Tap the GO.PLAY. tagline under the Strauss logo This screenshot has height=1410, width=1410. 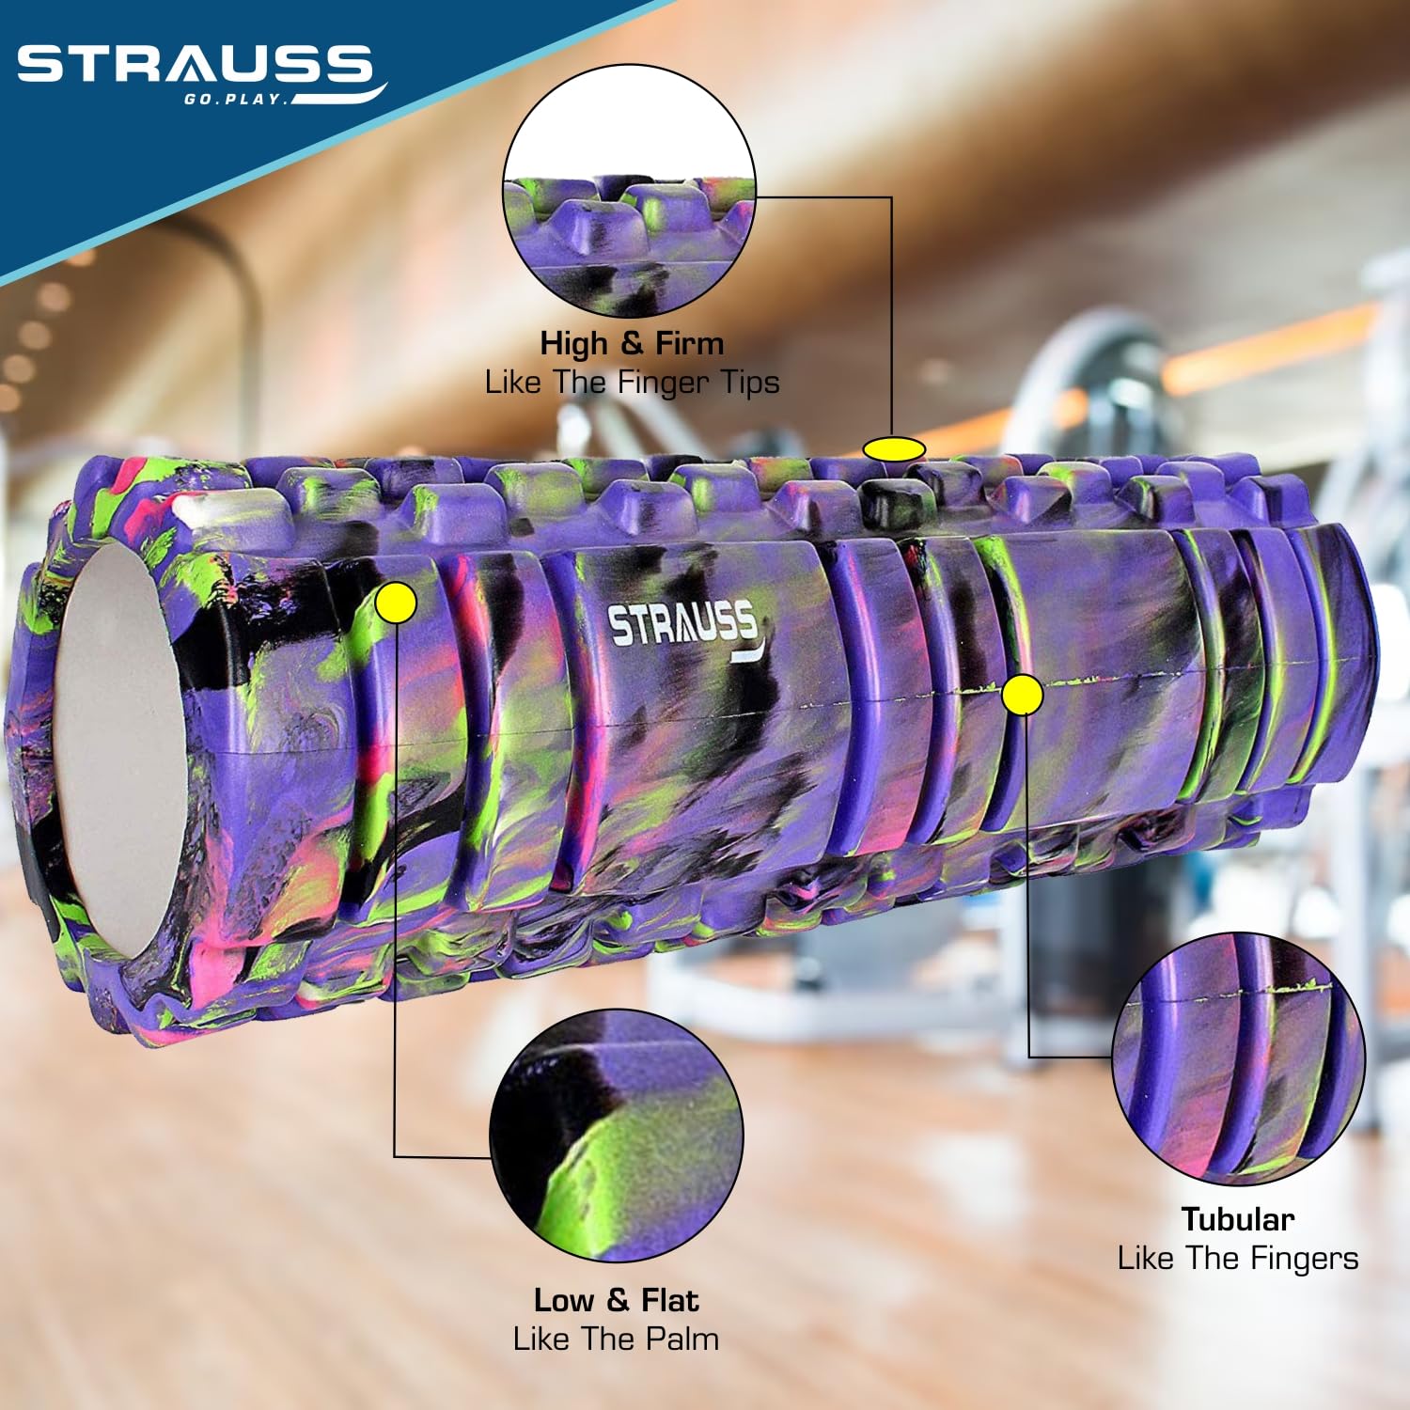coord(235,99)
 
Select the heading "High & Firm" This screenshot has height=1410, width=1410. coord(632,343)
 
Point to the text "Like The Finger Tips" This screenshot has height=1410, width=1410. coord(632,383)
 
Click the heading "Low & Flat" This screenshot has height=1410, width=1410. coord(616,1300)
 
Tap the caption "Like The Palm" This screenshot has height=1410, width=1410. coord(616,1339)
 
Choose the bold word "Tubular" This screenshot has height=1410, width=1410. coord(1238,1219)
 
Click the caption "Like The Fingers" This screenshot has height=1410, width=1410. coord(1238,1258)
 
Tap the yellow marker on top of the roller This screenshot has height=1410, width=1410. coord(894,449)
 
